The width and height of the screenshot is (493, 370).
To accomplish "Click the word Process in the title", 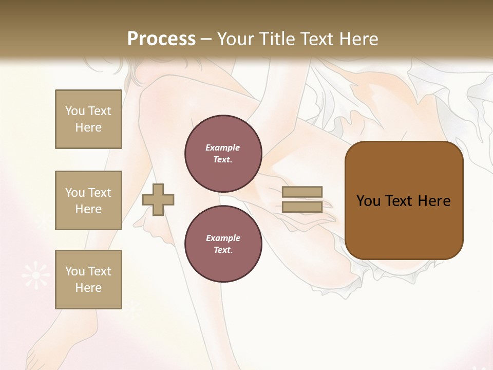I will point(161,39).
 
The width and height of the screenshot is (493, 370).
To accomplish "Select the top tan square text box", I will point(88,119).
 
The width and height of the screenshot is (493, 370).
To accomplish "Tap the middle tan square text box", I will point(88,200).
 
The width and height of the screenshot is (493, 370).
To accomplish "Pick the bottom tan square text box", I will point(88,280).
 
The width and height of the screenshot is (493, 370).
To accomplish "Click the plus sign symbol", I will point(158,199).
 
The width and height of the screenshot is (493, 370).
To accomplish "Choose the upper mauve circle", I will point(223,153).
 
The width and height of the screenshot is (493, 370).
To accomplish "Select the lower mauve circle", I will point(223,244).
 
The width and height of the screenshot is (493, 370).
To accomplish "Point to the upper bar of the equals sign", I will point(302,192).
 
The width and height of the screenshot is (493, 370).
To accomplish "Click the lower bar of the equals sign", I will point(302,207).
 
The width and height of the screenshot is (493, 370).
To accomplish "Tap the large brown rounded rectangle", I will point(404,200).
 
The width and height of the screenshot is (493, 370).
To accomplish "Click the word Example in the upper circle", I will point(222,147).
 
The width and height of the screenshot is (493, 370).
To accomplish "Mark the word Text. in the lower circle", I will point(222,250).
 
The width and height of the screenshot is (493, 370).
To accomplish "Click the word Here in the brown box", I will point(434,201).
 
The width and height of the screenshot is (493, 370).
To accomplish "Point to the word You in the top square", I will point(75,111).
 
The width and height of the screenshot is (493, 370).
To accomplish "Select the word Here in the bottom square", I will point(88,288).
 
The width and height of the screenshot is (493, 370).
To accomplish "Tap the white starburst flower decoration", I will point(35,275).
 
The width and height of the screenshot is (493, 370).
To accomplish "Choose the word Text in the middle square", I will point(99,193).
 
